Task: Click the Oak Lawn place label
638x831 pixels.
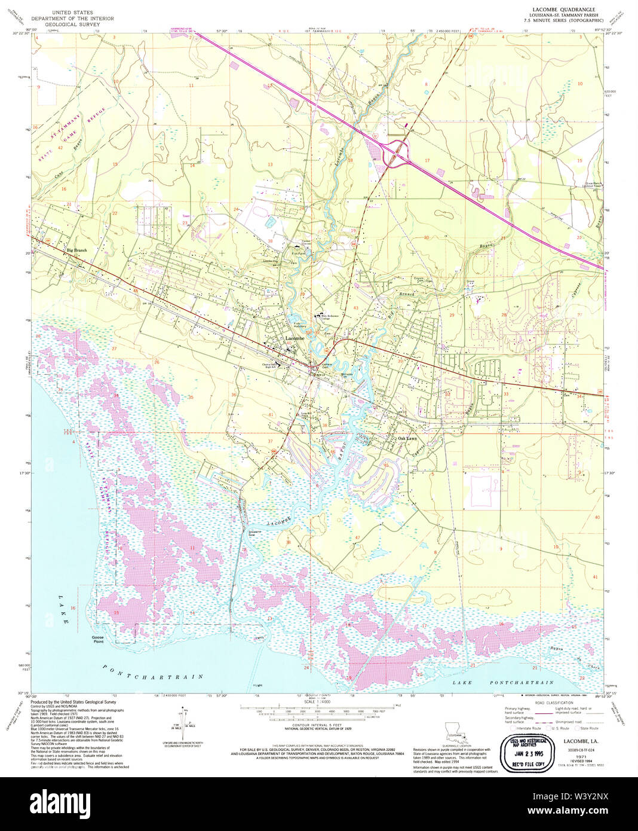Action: [408, 439]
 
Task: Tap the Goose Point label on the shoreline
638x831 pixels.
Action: [98, 640]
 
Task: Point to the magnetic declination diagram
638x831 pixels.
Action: [183, 720]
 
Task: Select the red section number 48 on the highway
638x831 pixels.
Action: [136, 291]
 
